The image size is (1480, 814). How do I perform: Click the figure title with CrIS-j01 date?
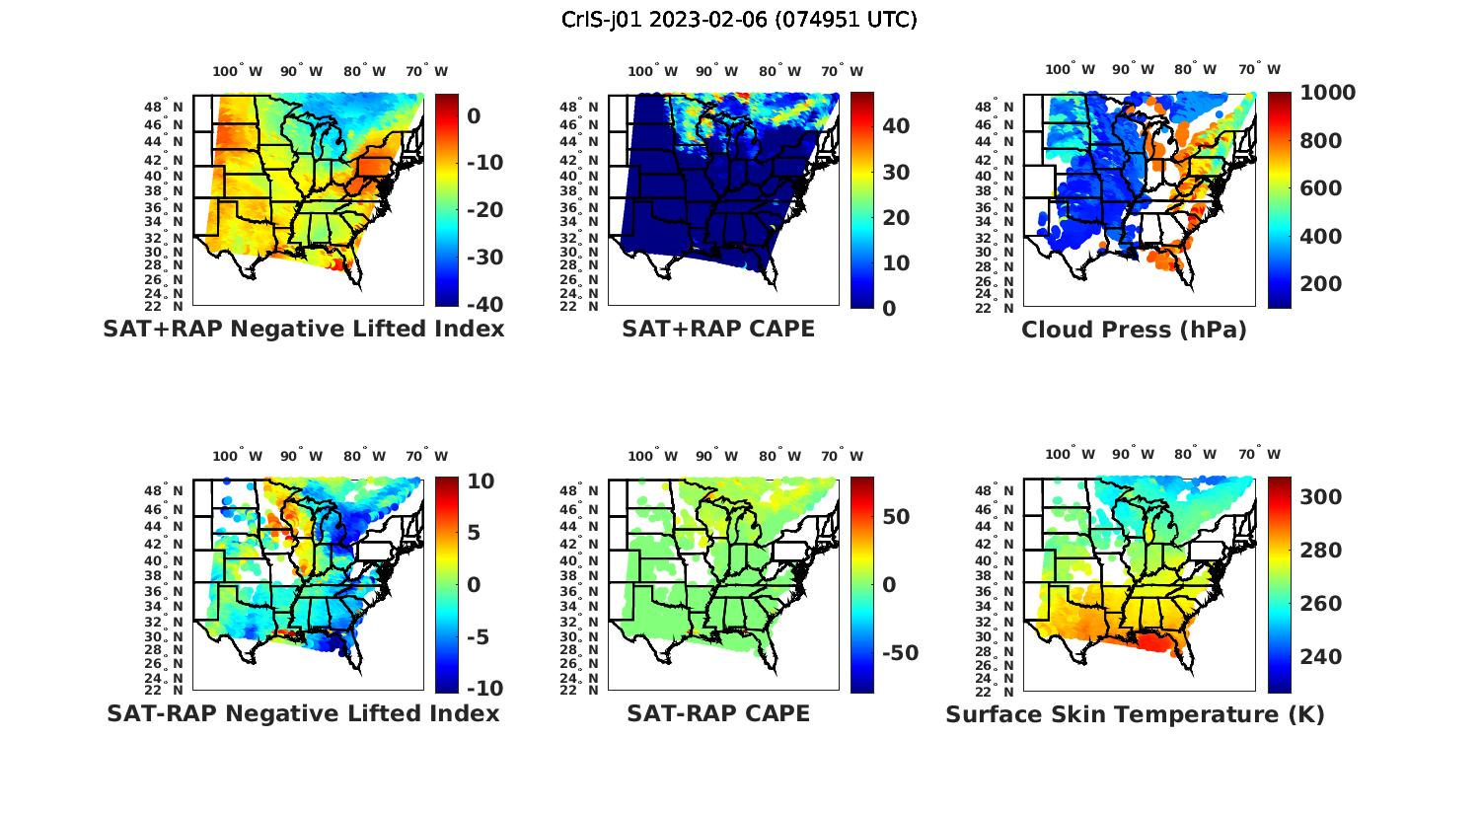click(x=739, y=20)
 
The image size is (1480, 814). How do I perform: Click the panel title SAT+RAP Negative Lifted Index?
click(x=303, y=329)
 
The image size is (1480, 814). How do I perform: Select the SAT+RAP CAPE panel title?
click(x=718, y=329)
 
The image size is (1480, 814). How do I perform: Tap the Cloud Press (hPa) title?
click(x=1134, y=330)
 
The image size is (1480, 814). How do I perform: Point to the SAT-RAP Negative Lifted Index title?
click(x=303, y=713)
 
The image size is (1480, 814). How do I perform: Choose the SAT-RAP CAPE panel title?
click(x=718, y=713)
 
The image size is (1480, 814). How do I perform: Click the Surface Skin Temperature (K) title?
click(x=1135, y=714)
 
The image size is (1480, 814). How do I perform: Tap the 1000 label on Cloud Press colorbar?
click(x=1328, y=93)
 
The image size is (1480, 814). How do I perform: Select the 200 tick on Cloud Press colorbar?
click(x=1321, y=284)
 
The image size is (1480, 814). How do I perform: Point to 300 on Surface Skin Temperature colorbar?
click(x=1321, y=497)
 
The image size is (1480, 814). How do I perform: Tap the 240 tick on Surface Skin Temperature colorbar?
click(x=1321, y=657)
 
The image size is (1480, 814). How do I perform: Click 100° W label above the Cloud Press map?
click(x=1071, y=70)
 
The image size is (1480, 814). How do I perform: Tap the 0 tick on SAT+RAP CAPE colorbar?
click(x=888, y=309)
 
